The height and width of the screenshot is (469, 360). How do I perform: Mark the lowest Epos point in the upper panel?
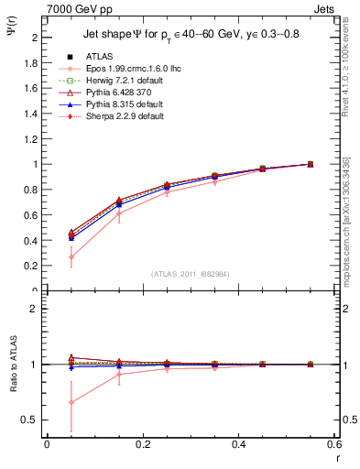pyautogui.click(x=71, y=257)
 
